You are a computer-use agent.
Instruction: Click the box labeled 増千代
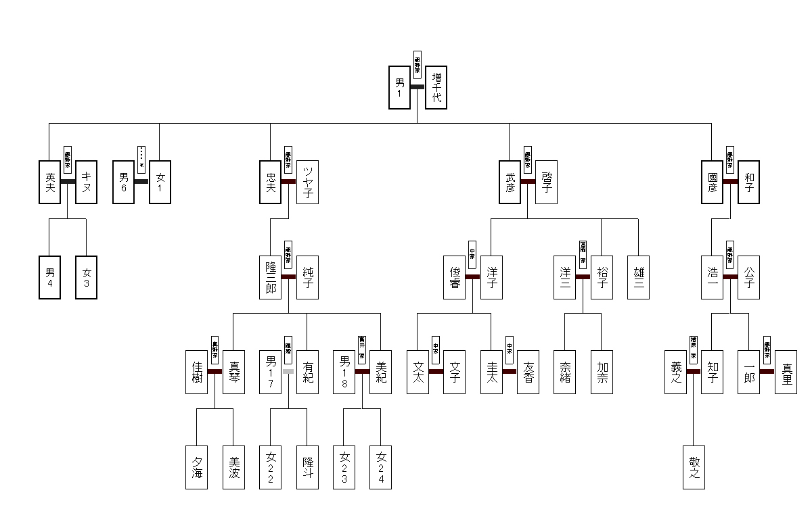436,87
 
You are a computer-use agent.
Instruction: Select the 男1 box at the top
399,87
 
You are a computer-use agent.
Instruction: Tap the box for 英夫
50,182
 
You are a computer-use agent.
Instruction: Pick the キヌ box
87,182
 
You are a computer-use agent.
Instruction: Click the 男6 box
123,182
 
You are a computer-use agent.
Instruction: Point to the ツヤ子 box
307,182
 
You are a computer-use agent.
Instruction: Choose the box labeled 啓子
545,182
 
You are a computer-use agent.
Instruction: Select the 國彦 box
712,182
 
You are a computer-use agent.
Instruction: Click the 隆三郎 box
271,277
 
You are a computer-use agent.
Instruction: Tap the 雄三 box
638,277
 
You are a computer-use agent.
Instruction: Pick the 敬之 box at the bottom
694,467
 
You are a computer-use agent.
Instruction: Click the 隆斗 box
307,467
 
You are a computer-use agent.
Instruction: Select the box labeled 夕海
197,467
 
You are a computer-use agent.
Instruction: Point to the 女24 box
380,467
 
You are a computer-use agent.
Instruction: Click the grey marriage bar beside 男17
289,371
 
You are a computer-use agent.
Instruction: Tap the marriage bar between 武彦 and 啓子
528,182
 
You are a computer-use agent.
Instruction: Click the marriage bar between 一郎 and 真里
767,371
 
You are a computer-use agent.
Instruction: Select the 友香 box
527,372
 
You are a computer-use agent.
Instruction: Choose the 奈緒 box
564,372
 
